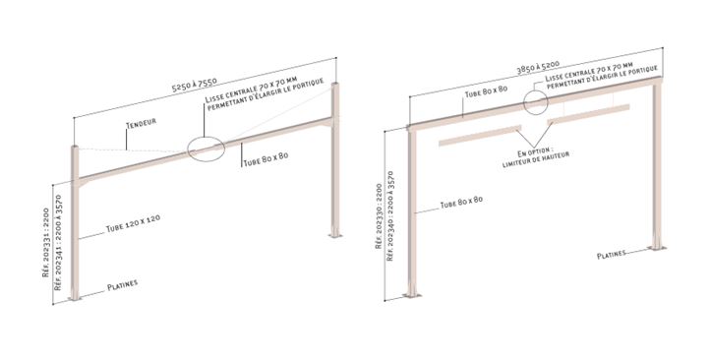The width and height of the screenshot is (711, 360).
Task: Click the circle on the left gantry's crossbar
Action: (x=206, y=149)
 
